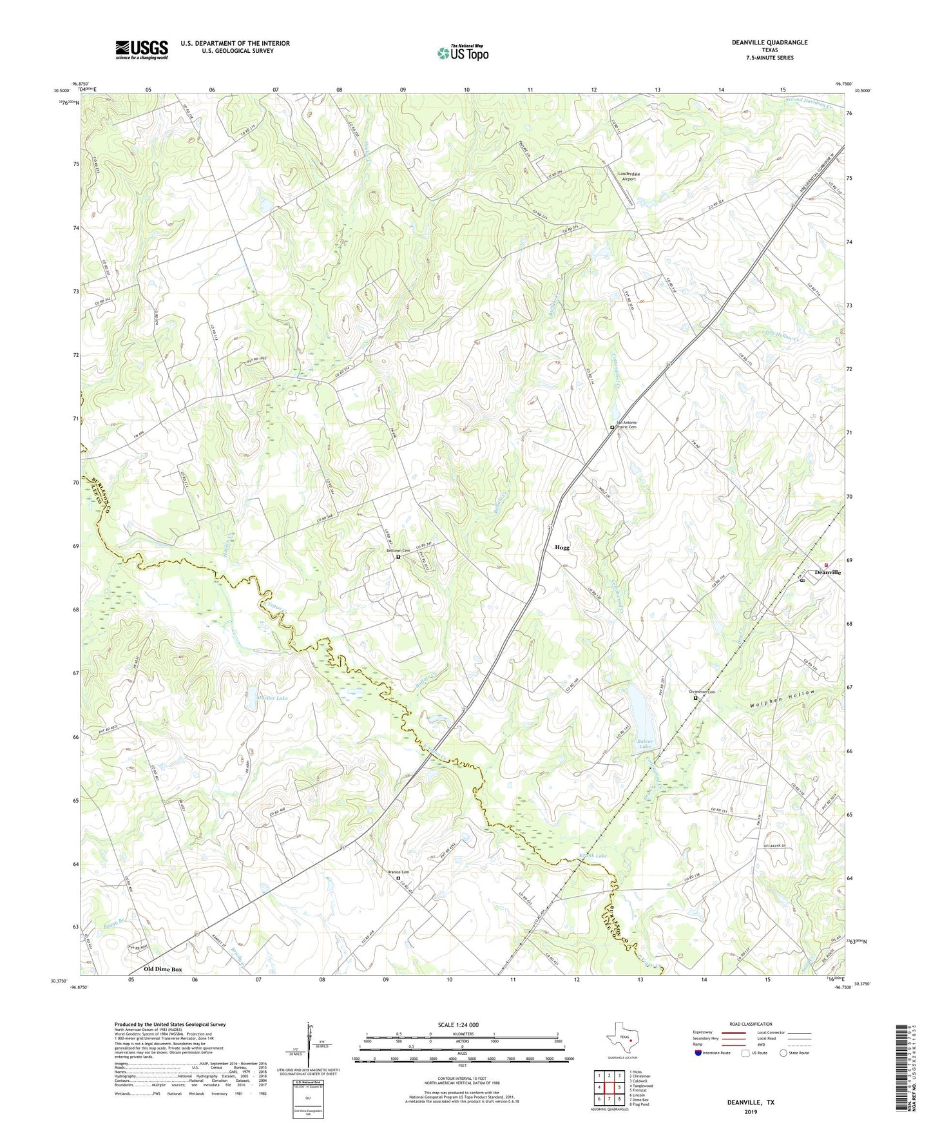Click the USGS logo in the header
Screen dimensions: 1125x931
(142, 50)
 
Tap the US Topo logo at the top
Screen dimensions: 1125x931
(462, 53)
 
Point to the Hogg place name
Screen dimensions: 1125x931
(562, 548)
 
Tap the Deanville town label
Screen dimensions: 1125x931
(827, 572)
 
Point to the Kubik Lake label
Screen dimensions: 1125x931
(592, 856)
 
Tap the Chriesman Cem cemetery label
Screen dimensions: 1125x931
(702, 691)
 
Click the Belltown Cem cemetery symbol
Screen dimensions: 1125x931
(398, 557)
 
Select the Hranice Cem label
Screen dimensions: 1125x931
(398, 872)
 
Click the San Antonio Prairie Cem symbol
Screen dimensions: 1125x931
(612, 427)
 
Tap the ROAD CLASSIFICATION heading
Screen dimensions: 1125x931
(750, 1024)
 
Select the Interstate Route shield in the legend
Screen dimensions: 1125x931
(699, 1053)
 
